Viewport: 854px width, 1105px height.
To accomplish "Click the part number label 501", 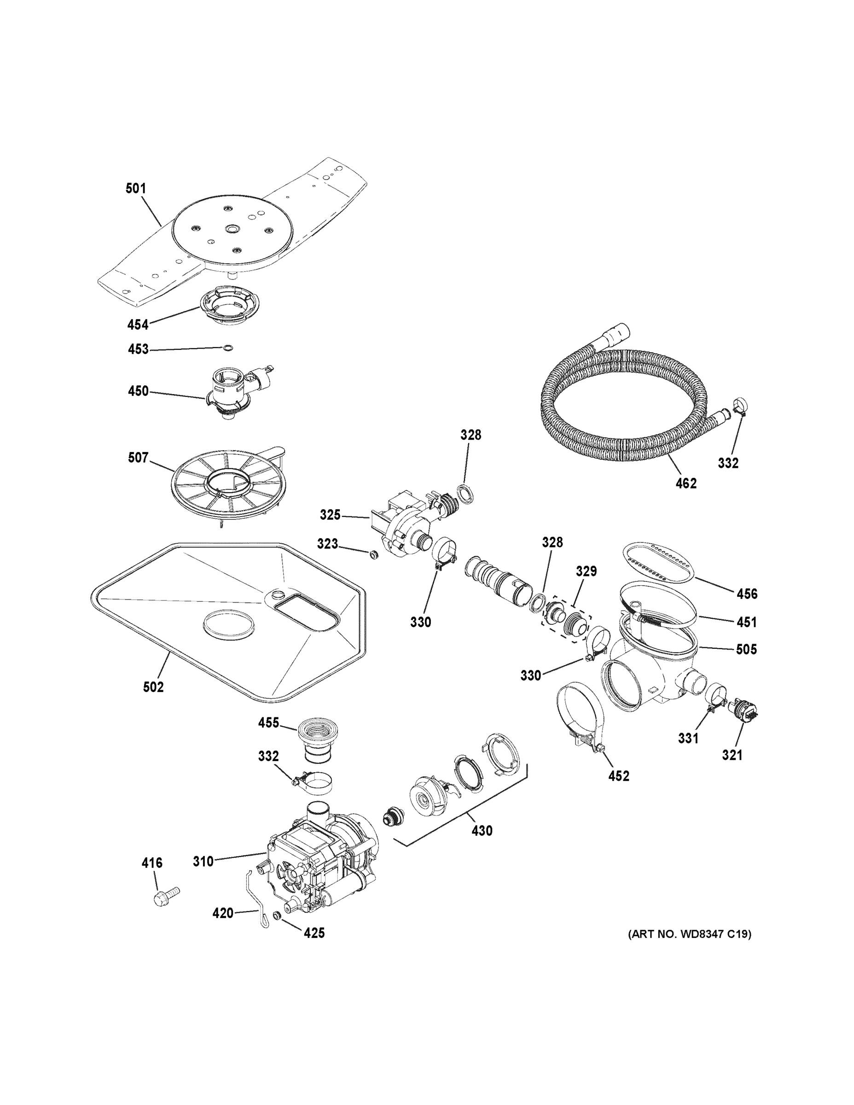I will click(x=136, y=189).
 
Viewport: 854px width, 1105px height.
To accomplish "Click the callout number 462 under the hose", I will click(x=686, y=483).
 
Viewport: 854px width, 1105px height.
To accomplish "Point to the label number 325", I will click(x=330, y=515).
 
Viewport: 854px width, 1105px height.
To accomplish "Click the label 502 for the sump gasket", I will click(x=153, y=687).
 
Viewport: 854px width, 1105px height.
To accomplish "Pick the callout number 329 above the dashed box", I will click(x=586, y=571).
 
